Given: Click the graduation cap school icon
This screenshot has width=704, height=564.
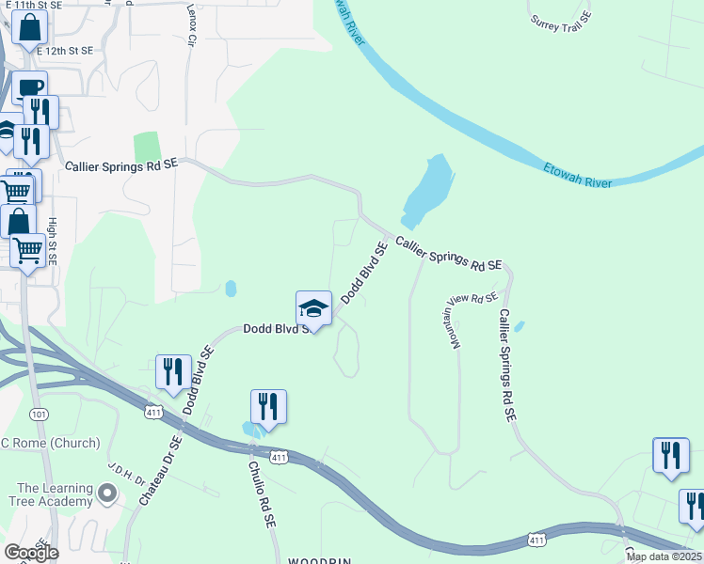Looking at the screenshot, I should tap(314, 308).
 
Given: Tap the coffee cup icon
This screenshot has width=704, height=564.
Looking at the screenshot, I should tap(29, 87).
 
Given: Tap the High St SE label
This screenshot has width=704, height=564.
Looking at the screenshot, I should tap(53, 242).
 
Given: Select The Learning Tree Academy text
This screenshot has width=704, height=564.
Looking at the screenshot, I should tap(56, 494).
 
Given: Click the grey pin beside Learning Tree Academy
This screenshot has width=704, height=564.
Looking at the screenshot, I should tap(108, 492).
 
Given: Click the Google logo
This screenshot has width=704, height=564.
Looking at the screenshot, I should tap(31, 553).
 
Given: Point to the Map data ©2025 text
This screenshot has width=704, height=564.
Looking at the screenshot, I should tap(664, 556).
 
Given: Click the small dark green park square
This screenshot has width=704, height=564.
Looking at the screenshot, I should tap(147, 147).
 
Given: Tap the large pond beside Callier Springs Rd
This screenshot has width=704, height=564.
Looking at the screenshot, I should tap(428, 186).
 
